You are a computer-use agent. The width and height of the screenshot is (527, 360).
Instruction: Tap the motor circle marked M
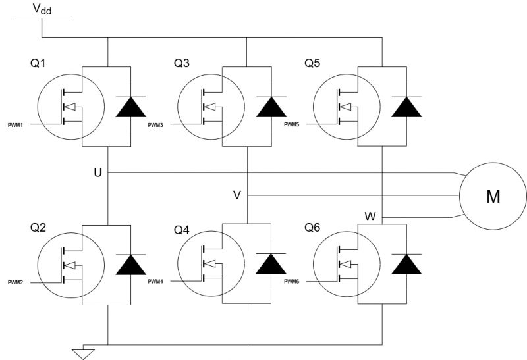coord(493,197)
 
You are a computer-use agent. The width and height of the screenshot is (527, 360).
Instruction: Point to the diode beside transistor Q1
coord(130,106)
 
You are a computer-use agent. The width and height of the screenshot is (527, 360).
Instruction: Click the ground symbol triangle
coord(83,355)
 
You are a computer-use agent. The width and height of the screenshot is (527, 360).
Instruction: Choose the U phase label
coord(97,172)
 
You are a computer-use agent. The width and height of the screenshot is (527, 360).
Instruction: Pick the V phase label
coord(237,195)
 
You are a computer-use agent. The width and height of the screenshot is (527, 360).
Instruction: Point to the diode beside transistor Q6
coord(406,263)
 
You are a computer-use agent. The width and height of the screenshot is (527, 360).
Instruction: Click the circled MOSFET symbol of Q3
coord(208,106)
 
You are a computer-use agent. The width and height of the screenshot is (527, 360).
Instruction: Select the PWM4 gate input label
coord(156,282)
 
